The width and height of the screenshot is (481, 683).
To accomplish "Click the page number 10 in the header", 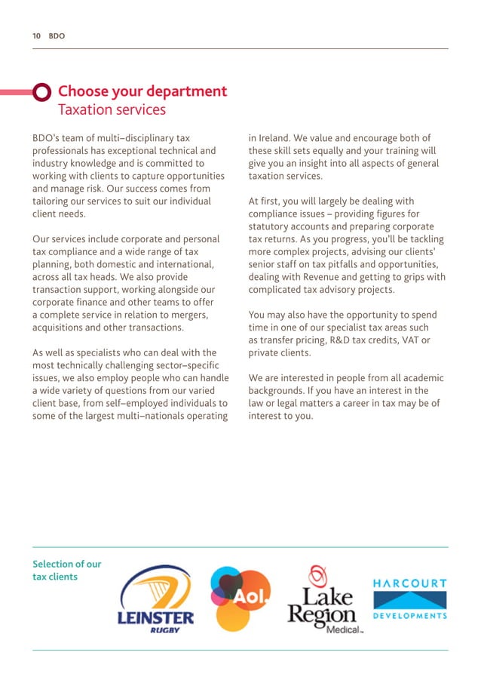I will click(x=35, y=35).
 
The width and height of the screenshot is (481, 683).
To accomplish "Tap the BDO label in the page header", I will click(x=57, y=35).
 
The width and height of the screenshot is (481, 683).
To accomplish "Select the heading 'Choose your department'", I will click(x=142, y=91).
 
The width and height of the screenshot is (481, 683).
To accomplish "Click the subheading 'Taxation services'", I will click(x=112, y=110).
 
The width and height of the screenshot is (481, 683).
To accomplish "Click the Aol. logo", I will click(x=240, y=598).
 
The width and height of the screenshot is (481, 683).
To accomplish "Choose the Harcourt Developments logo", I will click(x=410, y=599).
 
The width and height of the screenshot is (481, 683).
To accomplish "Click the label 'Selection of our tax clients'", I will click(x=66, y=571).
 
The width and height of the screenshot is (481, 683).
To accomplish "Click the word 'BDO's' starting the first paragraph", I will click(x=49, y=138).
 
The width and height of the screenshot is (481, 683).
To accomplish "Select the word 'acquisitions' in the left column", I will click(x=60, y=328).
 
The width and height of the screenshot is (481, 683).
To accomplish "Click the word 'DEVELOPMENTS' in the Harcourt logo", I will click(x=410, y=616).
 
